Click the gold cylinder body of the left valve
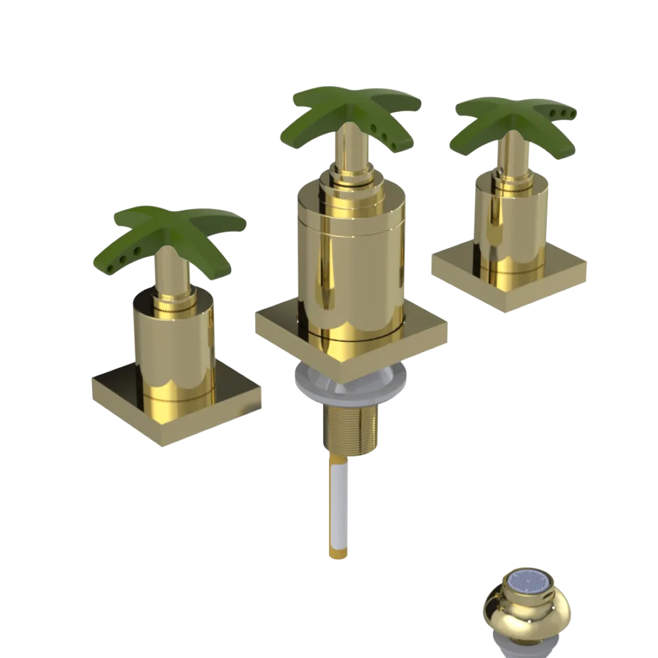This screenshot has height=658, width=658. (174, 349)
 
